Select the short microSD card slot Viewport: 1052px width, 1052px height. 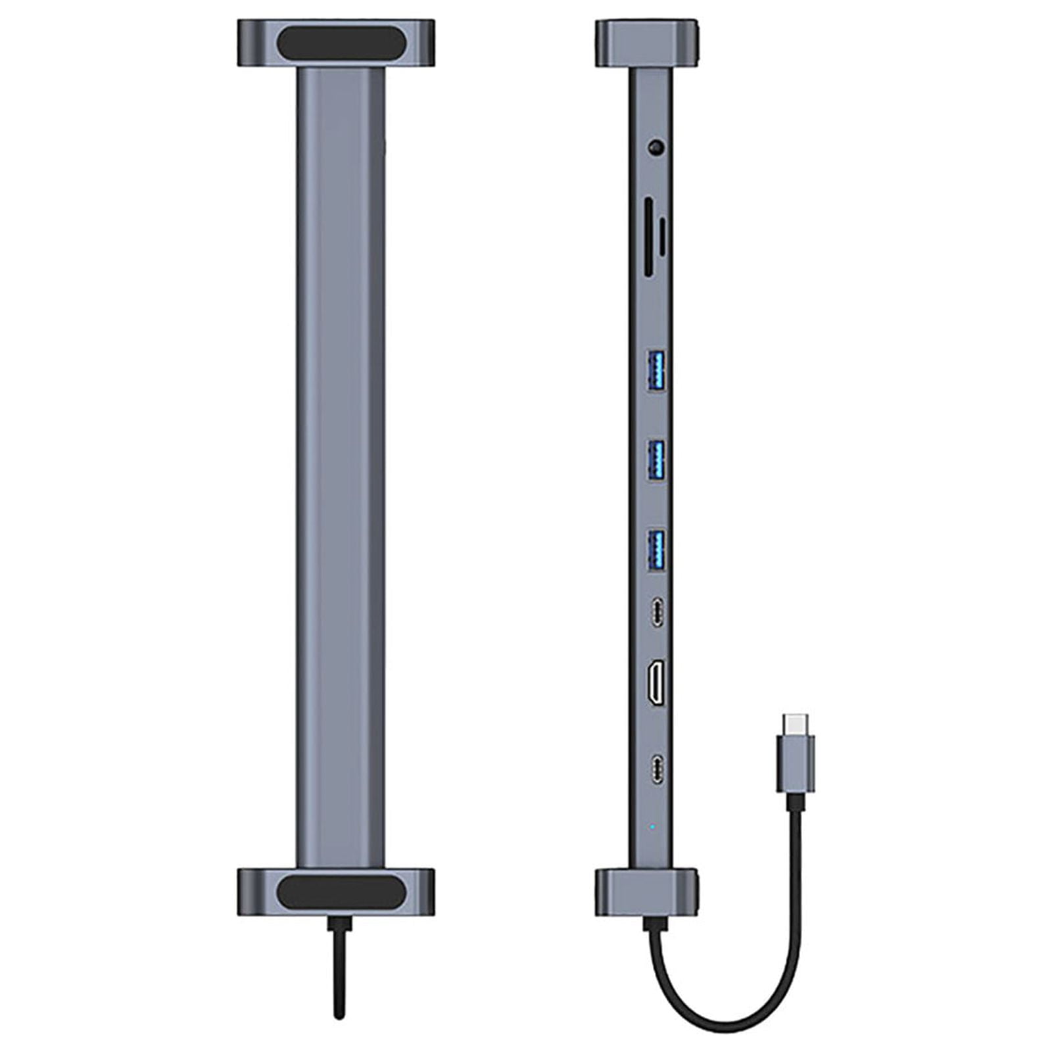point(663,237)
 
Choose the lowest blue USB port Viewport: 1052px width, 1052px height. point(656,548)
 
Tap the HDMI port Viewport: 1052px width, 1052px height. point(656,684)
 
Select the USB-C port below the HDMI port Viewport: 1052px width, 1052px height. point(657,766)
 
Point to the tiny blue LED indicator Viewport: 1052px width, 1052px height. point(652,826)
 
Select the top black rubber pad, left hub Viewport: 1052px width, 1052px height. point(339,43)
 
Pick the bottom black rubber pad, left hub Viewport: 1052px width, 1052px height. point(339,892)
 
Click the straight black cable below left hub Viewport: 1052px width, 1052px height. point(339,973)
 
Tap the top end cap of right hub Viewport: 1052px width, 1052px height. point(646,43)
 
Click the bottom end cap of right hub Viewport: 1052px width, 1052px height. point(646,892)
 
